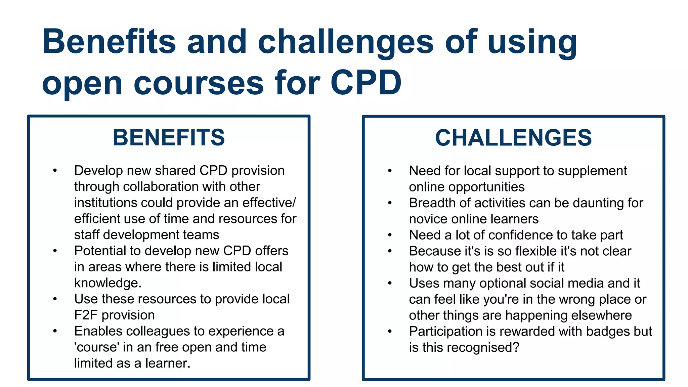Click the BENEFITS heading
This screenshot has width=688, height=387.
click(x=169, y=138)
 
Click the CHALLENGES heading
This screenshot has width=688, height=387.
click(x=513, y=138)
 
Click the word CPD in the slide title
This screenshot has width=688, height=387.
click(x=366, y=83)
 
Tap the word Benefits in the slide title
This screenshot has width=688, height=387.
click(x=109, y=42)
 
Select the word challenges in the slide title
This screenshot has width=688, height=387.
click(x=346, y=42)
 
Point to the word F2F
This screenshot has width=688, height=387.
click(x=86, y=315)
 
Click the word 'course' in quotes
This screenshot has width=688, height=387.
click(x=97, y=347)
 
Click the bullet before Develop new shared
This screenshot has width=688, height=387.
click(x=55, y=171)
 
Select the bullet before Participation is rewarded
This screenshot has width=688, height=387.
click(x=390, y=332)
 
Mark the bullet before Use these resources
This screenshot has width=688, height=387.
click(x=55, y=299)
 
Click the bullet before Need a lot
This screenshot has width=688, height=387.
click(x=390, y=235)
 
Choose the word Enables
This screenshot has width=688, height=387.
click(x=98, y=331)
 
